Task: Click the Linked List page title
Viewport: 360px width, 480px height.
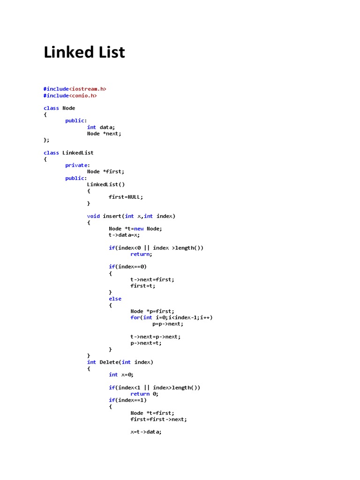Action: pos(84,52)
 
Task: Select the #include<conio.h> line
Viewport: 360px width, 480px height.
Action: pos(70,95)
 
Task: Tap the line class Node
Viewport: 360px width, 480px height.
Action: pos(59,108)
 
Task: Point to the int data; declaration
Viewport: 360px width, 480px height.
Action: pos(101,127)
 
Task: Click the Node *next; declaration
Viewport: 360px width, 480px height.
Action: pos(104,134)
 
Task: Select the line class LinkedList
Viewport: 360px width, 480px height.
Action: pos(68,152)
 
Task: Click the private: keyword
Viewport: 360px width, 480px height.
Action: pos(76,165)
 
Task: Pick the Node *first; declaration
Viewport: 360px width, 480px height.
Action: pos(105,172)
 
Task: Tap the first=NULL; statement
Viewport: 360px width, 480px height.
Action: pos(126,197)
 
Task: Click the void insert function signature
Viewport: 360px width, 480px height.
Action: pos(131,216)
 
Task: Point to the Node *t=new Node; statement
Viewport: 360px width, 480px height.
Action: pos(135,229)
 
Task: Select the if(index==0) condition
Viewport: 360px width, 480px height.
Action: pos(127,267)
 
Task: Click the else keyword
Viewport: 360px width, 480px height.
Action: pos(115,299)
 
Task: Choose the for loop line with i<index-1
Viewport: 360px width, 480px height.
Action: pos(171,317)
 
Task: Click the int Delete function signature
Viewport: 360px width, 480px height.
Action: pos(120,362)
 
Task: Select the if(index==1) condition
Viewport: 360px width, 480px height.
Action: pos(127,400)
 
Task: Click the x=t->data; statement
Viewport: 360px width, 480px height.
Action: pos(146,432)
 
